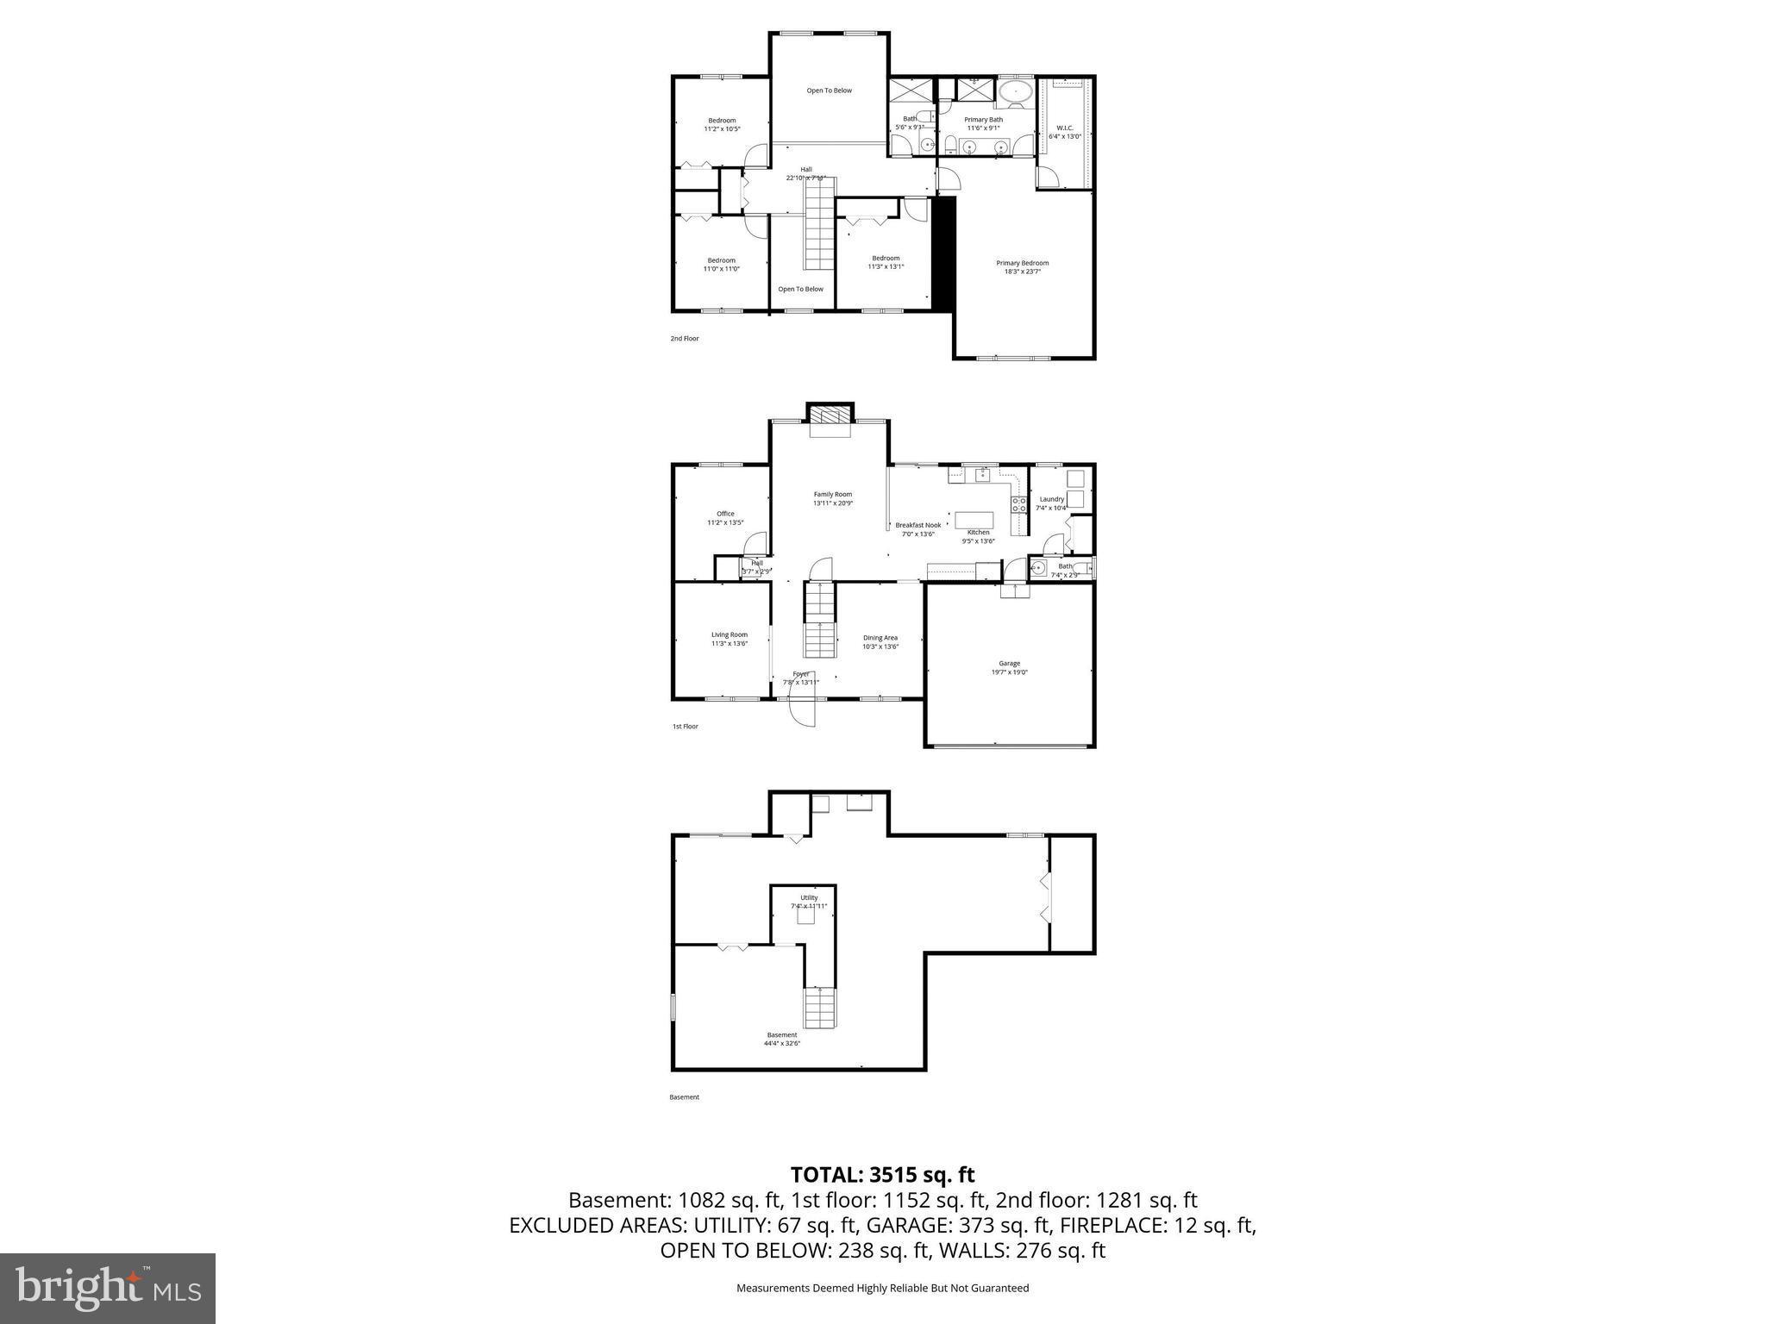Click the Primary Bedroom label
pos(1022,263)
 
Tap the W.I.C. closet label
pos(1064,128)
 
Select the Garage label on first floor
pos(1009,664)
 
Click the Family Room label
pos(832,495)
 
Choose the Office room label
pos(725,514)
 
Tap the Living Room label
pos(729,634)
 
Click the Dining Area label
pos(880,638)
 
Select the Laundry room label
pos(1051,499)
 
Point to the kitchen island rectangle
pos(974,520)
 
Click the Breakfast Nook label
pos(917,525)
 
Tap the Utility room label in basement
pos(808,897)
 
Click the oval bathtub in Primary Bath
pos(1016,91)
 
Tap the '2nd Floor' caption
pos(685,339)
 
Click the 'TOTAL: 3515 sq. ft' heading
pos(882,1175)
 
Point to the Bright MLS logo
pos(108,1289)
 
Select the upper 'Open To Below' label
pos(829,91)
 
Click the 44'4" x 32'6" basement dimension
pos(781,1043)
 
